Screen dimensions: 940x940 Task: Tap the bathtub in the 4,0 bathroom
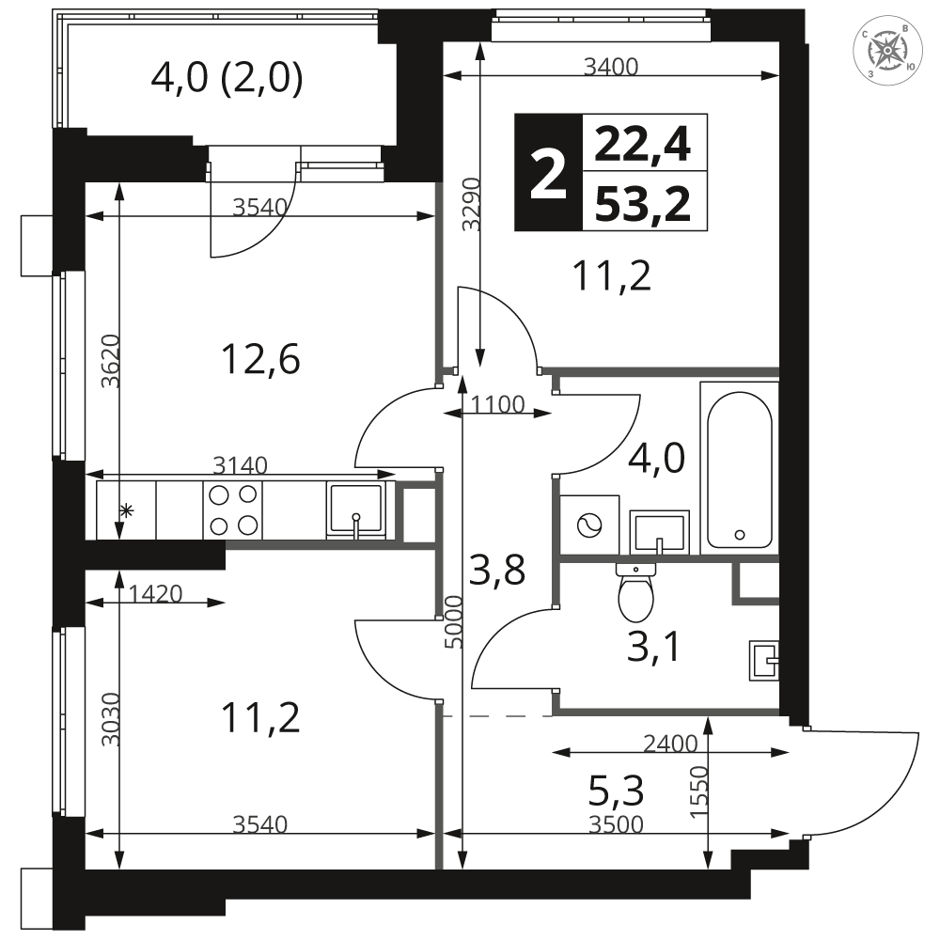pos(739,467)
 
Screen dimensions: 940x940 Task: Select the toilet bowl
pos(635,592)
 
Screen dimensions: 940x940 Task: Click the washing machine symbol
pos(589,525)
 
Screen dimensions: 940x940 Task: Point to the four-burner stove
pos(233,509)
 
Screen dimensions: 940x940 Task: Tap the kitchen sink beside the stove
pos(356,509)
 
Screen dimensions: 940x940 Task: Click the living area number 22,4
pos(643,144)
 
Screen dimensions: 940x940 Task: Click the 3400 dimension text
pos(611,67)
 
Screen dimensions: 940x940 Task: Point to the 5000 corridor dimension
pos(454,621)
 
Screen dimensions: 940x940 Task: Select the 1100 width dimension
pos(497,404)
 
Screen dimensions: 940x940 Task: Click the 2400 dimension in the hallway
pos(670,744)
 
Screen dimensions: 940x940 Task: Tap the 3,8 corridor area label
pos(497,570)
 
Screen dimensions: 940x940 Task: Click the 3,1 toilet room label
pos(653,647)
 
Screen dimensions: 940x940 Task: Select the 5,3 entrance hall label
pos(617,791)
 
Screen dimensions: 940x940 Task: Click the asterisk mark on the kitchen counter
pos(127,510)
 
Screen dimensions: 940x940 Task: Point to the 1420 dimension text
pos(155,593)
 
